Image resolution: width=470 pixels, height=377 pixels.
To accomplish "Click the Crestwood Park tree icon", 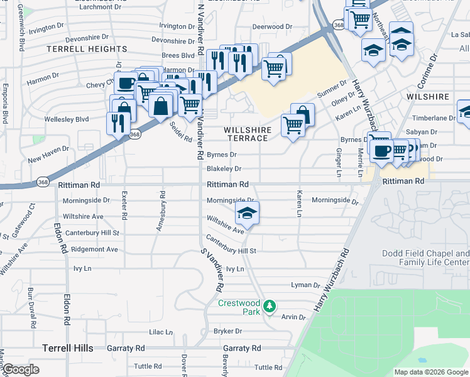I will pyautogui.click(x=270, y=306).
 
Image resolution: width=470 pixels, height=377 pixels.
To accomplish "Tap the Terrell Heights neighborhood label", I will pyautogui.click(x=87, y=49).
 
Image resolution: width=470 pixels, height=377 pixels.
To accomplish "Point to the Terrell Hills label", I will pyautogui.click(x=68, y=348).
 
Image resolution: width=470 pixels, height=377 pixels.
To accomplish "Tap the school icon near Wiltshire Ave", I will pyautogui.click(x=248, y=214).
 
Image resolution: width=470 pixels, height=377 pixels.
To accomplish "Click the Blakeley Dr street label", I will pyautogui.click(x=224, y=169).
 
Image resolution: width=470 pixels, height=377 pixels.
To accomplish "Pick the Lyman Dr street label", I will pyautogui.click(x=306, y=285).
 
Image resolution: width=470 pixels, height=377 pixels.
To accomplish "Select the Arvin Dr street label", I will pyautogui.click(x=293, y=317).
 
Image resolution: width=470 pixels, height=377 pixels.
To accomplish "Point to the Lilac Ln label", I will pyautogui.click(x=160, y=332).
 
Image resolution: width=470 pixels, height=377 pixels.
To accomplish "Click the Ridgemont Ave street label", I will pyautogui.click(x=94, y=249).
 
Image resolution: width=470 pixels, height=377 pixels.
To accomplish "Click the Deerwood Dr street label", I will pyautogui.click(x=272, y=27).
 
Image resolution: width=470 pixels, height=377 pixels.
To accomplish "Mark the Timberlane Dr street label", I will pyautogui.click(x=434, y=118).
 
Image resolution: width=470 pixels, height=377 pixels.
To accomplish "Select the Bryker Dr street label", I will pyautogui.click(x=227, y=331).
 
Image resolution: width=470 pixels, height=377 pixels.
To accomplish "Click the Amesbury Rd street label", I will pyautogui.click(x=160, y=212).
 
